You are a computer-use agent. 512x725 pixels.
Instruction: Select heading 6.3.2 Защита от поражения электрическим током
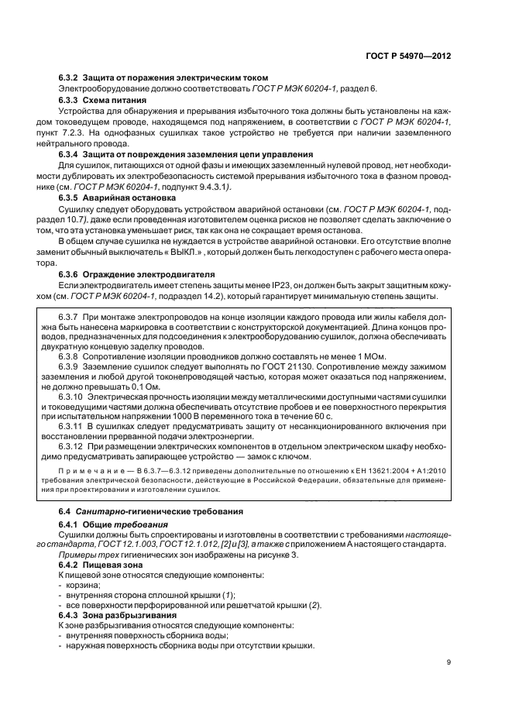pyautogui.click(x=163, y=77)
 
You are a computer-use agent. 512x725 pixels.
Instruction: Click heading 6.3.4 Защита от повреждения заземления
pyautogui.click(x=185, y=153)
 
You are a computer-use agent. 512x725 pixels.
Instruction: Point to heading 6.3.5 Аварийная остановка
pyautogui.click(x=117, y=198)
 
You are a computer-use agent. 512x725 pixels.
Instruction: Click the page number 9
pyautogui.click(x=449, y=661)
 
